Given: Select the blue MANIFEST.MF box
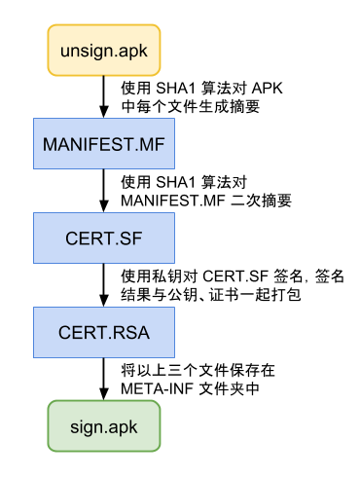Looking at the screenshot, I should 101,144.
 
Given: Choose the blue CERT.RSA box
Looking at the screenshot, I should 101,332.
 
